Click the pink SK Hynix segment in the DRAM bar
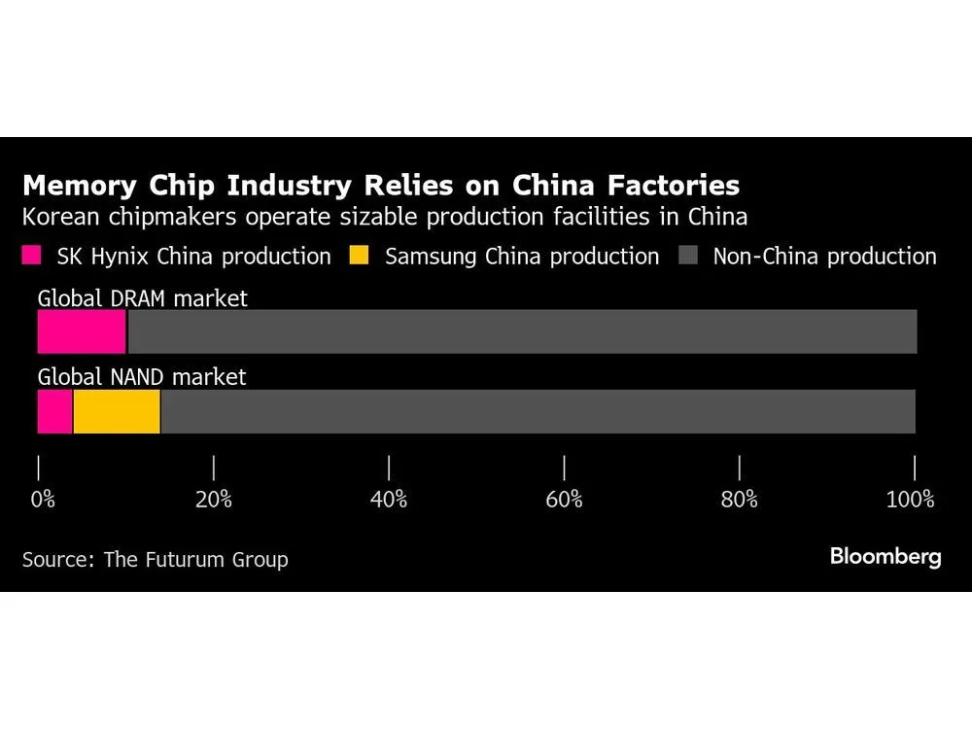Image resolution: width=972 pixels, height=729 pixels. (82, 331)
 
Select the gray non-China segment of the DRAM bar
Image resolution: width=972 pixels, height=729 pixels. (522, 331)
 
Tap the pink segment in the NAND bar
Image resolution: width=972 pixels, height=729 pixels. (55, 411)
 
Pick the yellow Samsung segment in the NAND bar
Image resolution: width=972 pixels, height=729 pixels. (117, 411)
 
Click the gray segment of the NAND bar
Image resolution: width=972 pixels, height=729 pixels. (538, 411)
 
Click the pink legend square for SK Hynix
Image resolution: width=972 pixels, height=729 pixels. (32, 257)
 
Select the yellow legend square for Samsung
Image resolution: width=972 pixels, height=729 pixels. (361, 257)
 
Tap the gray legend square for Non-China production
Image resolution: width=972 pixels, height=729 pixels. (688, 257)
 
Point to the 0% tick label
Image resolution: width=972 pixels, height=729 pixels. (43, 500)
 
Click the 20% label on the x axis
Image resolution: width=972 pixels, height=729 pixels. (213, 500)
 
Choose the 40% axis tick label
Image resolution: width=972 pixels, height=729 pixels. (389, 500)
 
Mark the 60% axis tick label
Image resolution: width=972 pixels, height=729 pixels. (564, 500)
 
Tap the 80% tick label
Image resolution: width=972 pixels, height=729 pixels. (740, 500)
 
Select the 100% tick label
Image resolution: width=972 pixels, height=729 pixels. (910, 500)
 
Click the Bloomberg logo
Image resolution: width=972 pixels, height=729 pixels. (885, 557)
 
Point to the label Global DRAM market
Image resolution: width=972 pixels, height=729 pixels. (142, 297)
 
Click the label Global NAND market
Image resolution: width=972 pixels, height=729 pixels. (142, 377)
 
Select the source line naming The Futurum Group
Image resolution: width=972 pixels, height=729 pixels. (155, 560)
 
